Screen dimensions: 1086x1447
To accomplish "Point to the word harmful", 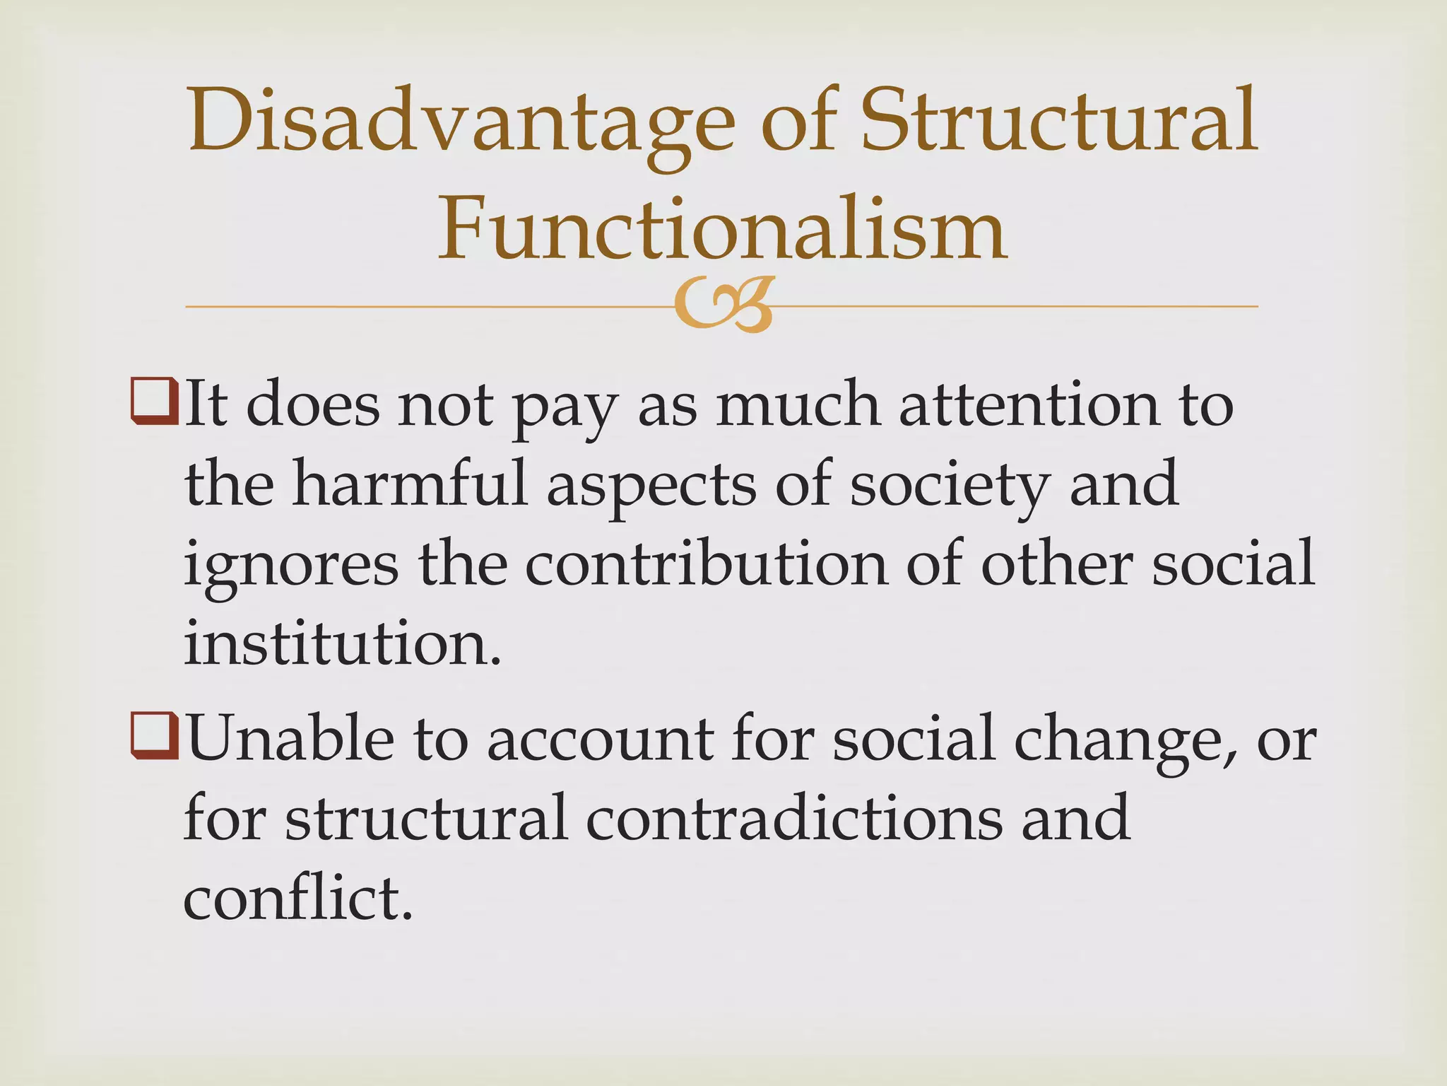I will point(411,484).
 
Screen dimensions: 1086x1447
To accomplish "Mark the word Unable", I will point(290,738).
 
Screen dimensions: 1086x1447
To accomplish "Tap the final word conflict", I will point(297,898).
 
